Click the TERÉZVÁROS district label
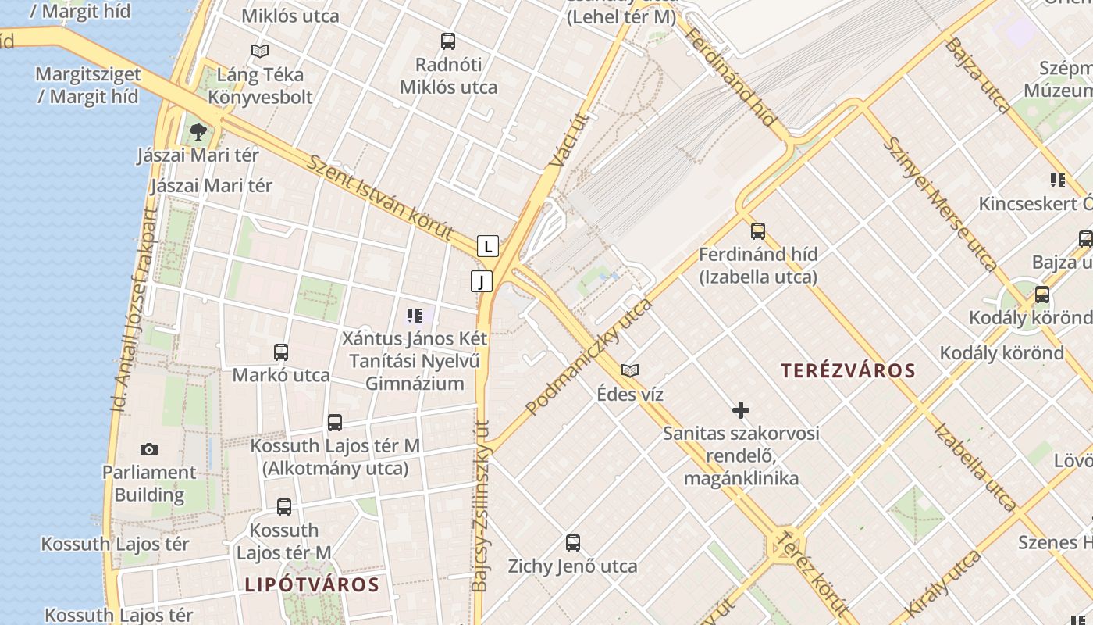(847, 370)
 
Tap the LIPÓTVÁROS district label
(312, 584)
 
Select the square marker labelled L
(488, 247)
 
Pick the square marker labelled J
(482, 281)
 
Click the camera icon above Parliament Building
(149, 449)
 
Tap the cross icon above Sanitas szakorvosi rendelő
(741, 409)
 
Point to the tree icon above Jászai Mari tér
(198, 131)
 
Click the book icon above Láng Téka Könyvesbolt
(260, 52)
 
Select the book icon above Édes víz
(630, 370)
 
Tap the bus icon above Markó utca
(281, 352)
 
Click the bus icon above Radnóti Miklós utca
(448, 41)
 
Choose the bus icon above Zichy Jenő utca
(573, 542)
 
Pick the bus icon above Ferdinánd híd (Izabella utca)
(758, 230)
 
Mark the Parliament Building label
(149, 484)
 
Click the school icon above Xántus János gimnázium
(415, 316)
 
